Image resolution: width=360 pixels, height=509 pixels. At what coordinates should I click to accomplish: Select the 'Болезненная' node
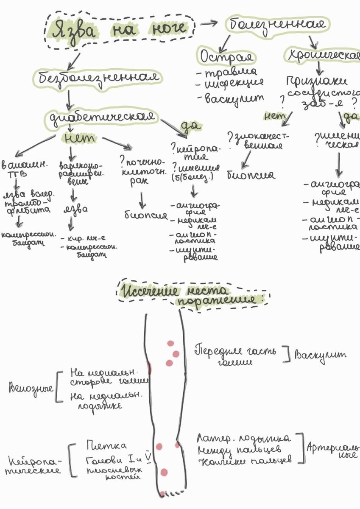pos(279,24)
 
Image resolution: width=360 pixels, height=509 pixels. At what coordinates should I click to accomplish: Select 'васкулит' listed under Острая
pos(234,99)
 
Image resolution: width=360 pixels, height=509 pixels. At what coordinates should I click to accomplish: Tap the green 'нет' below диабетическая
pos(80,138)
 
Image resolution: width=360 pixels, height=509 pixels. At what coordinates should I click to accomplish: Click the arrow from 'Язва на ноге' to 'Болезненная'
pos(209,23)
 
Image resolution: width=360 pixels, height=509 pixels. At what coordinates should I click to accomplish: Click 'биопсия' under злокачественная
pos(251,175)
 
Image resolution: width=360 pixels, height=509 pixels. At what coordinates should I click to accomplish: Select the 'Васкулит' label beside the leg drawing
pos(321,354)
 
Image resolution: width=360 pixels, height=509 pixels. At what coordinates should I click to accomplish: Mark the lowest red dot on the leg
pos(162,494)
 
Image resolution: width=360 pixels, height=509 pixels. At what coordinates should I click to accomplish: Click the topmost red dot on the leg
pos(170,344)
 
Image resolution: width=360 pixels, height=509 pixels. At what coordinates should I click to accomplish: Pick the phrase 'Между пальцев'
pos(244,450)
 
